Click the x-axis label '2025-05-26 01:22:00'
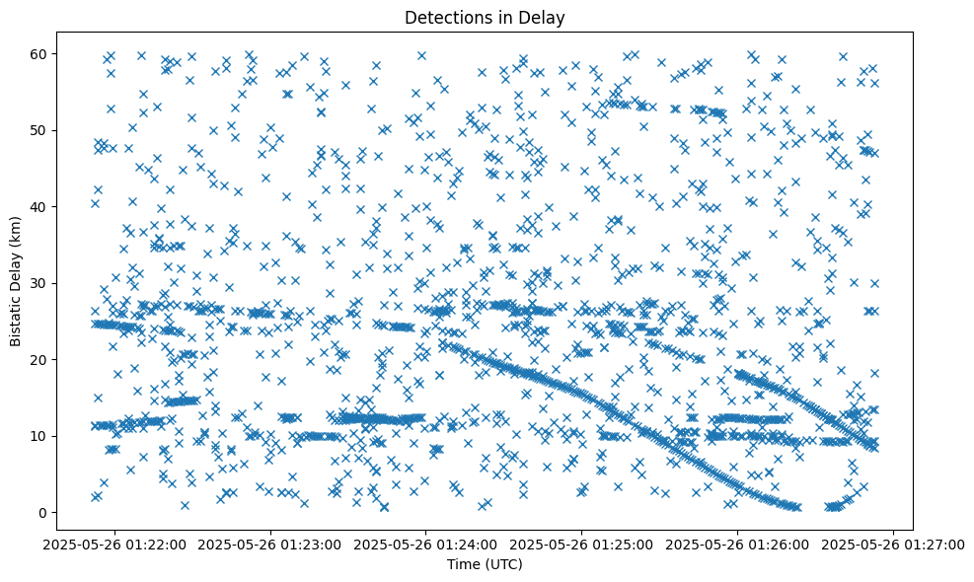[114, 544]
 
